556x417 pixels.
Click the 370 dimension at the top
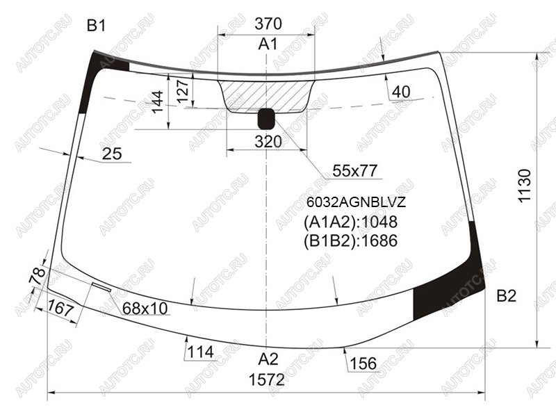(268, 24)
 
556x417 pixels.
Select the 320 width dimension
(268, 142)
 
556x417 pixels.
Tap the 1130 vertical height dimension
(525, 186)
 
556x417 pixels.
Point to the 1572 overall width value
(267, 379)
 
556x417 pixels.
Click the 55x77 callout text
(354, 171)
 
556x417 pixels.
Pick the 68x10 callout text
(145, 309)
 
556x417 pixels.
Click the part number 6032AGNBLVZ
(356, 202)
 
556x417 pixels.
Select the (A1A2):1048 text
(350, 222)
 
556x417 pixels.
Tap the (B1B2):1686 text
(350, 240)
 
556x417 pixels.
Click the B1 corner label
(96, 26)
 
